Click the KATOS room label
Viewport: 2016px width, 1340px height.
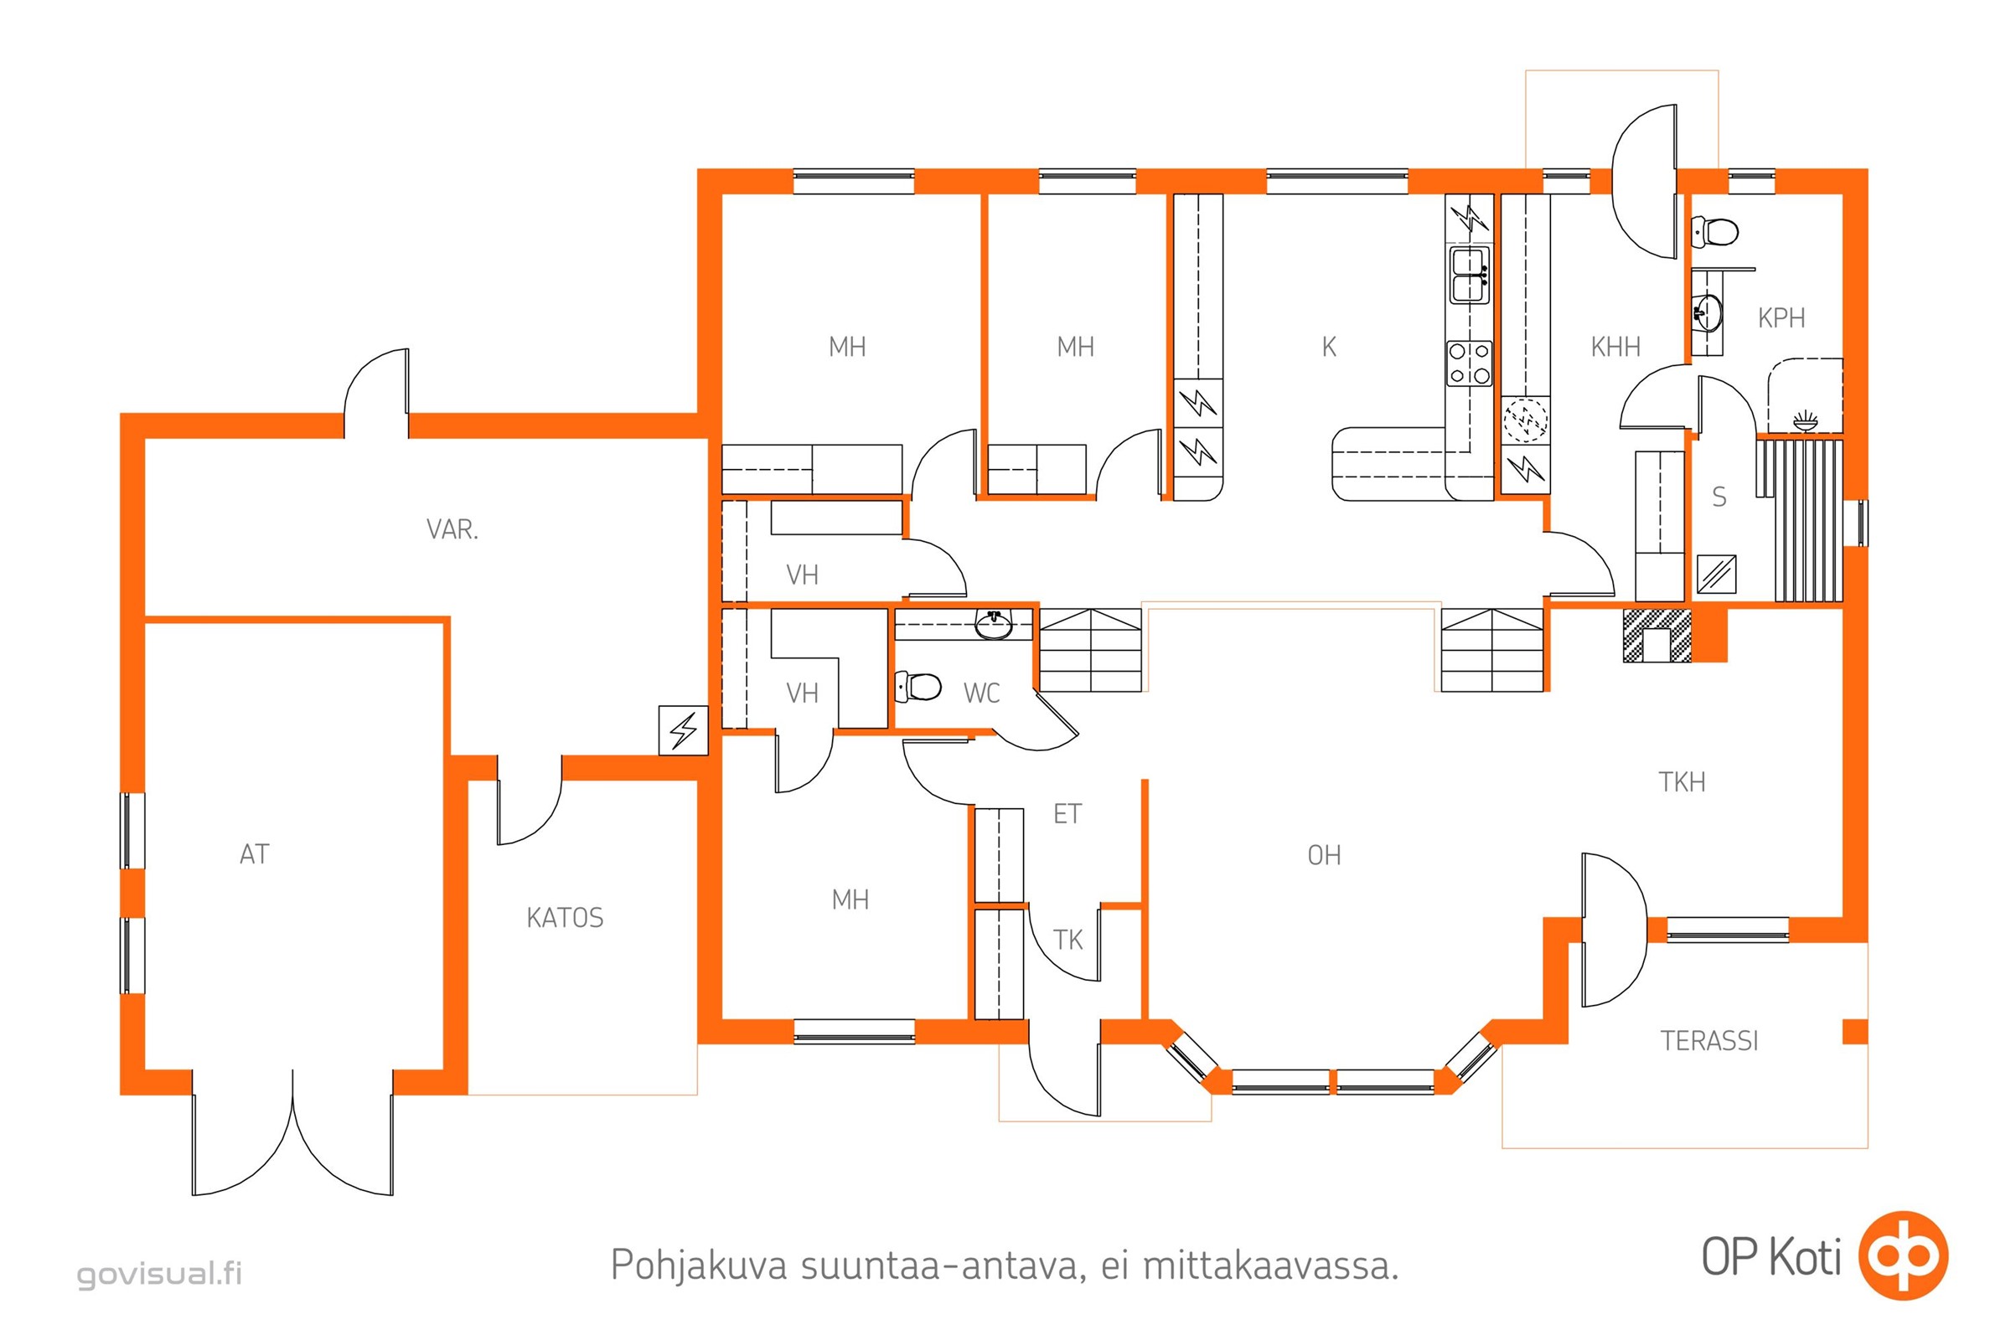click(564, 918)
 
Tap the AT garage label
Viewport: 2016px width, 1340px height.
click(255, 853)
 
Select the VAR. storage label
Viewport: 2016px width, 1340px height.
click(452, 530)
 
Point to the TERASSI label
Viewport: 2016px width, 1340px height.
click(1709, 1041)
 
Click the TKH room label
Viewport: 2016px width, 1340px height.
click(1682, 782)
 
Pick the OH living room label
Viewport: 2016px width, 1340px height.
click(1325, 855)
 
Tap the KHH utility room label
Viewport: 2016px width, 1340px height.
click(1615, 347)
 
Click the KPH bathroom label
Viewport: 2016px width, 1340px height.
click(1781, 318)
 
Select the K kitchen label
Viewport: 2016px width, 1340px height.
click(1329, 347)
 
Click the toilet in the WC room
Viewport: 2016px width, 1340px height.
click(918, 686)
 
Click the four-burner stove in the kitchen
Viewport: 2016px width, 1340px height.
click(1469, 363)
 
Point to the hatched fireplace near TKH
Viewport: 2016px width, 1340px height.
click(1657, 635)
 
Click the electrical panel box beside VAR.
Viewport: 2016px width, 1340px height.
click(683, 729)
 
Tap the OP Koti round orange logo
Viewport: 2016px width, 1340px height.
click(1903, 1255)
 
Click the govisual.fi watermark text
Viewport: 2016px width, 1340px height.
click(160, 1273)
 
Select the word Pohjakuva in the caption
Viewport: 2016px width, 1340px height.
click(699, 1265)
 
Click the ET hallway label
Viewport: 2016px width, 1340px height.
click(1067, 814)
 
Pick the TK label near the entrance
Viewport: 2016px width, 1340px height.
click(1067, 940)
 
